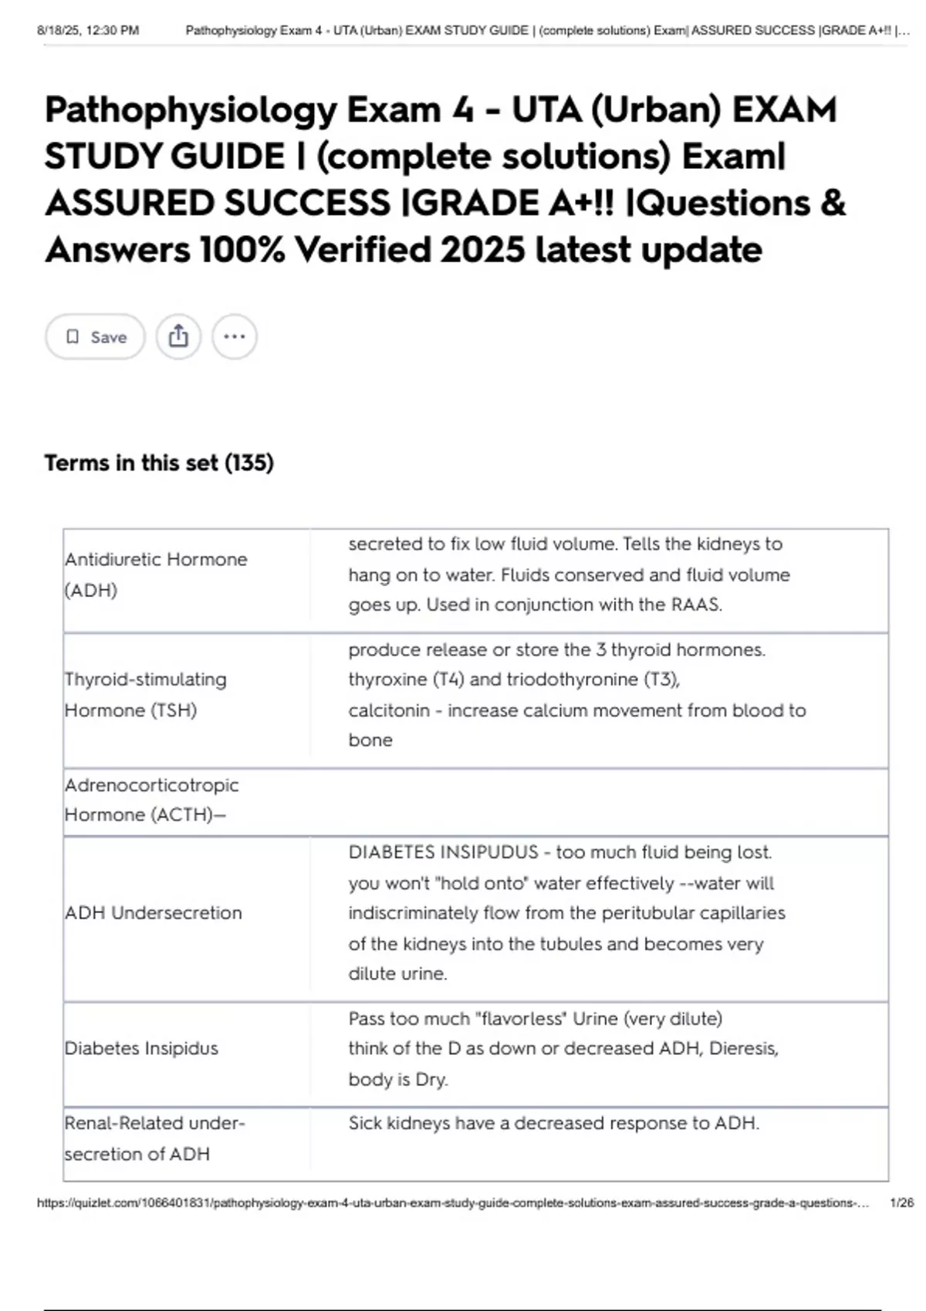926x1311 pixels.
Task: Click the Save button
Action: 95,337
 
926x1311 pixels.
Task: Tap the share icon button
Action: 178,337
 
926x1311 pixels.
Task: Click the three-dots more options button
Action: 235,337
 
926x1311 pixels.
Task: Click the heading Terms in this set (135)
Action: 159,463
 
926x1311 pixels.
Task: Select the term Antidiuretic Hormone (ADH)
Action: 156,575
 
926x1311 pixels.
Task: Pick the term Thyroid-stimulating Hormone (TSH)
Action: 146,694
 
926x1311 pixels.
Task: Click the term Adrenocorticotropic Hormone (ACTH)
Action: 151,800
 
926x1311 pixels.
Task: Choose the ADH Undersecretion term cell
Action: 154,913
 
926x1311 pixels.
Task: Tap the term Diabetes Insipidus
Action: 141,1048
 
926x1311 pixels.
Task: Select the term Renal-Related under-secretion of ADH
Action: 154,1138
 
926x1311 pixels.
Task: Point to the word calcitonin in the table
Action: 388,710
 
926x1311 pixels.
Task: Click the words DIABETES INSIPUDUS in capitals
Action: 443,852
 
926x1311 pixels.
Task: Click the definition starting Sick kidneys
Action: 553,1124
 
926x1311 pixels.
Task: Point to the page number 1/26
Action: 901,1202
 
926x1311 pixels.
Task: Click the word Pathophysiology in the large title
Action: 191,110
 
